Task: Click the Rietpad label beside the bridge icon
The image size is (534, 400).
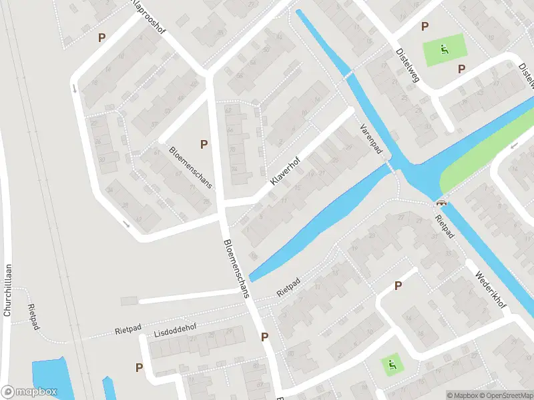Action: (x=443, y=227)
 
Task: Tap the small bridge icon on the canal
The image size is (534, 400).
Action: (x=441, y=203)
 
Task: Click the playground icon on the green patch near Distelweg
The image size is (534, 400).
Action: (x=444, y=48)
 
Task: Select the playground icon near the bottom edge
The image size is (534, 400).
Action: (x=391, y=363)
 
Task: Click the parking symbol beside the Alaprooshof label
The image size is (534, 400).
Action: (x=102, y=38)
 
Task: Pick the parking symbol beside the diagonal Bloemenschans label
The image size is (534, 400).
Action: (x=204, y=144)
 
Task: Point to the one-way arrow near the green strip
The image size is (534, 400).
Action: (x=514, y=146)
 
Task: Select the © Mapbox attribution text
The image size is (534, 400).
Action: (x=463, y=395)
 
